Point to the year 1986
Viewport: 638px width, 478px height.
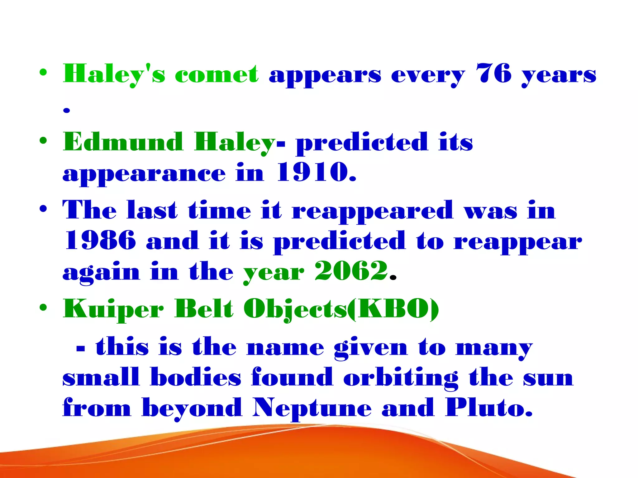[x=100, y=240]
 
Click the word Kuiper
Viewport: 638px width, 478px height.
[x=113, y=309]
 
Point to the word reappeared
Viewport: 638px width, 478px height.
[x=372, y=211]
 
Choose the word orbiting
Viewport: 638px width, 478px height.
[x=401, y=377]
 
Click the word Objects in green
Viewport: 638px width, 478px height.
[x=295, y=309]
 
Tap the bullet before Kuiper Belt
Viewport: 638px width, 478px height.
[x=43, y=308]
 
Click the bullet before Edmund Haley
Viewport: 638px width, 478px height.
[x=43, y=141]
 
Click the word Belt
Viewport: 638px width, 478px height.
[x=204, y=309]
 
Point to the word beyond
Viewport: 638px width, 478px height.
[x=192, y=408]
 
